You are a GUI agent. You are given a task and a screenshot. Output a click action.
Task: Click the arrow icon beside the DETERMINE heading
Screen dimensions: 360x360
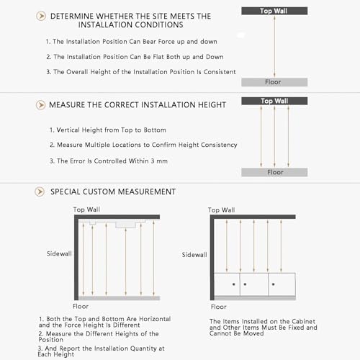pyautogui.click(x=41, y=16)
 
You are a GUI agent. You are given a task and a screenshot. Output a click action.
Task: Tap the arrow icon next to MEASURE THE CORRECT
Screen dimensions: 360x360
pyautogui.click(x=40, y=105)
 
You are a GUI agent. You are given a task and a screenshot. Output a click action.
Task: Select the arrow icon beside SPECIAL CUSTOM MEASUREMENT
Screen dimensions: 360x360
pyautogui.click(x=40, y=192)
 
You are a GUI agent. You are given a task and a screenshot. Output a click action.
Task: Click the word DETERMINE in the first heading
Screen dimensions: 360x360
pyautogui.click(x=72, y=17)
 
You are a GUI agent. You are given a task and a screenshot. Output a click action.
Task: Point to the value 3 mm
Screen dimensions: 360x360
pyautogui.click(x=159, y=161)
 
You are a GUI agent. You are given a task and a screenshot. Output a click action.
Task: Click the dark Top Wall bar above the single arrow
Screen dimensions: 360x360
pyautogui.click(x=274, y=11)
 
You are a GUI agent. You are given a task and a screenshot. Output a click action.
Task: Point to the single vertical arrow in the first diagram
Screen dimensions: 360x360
pyautogui.click(x=274, y=46)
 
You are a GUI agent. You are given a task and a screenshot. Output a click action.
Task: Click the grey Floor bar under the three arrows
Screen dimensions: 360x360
pyautogui.click(x=274, y=172)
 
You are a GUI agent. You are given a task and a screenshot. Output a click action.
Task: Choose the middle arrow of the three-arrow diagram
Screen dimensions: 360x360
pyautogui.click(x=274, y=136)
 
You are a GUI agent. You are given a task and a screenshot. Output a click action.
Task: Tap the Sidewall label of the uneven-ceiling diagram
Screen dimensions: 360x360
pyautogui.click(x=59, y=253)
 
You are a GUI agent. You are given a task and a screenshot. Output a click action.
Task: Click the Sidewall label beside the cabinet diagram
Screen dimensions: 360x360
pyautogui.click(x=194, y=255)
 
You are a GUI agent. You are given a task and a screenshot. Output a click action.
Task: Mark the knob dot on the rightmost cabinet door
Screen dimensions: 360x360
pyautogui.click(x=274, y=284)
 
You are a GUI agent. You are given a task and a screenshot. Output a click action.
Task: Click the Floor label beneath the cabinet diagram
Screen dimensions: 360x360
pyautogui.click(x=218, y=307)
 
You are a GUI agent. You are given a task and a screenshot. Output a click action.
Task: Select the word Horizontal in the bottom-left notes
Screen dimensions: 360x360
pyautogui.click(x=155, y=319)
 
